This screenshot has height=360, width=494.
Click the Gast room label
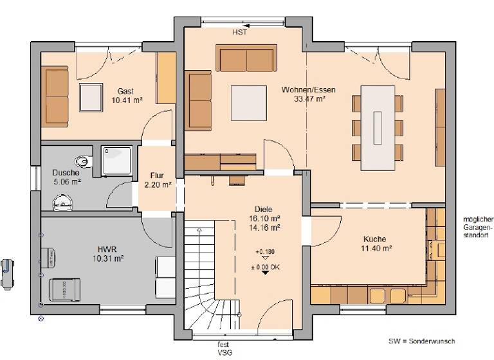coord(125,91)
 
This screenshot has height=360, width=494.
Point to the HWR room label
coord(107,248)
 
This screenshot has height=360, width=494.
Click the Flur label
coord(157,175)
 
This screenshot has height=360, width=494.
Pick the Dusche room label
coord(66,173)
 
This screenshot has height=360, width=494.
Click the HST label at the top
coord(240,32)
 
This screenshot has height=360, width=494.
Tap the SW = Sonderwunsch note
coord(421,341)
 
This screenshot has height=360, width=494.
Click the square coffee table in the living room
coord(248,103)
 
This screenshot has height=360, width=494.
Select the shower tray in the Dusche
coord(117,159)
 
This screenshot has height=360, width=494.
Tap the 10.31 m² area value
coord(107,258)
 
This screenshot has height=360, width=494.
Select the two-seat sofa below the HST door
coord(247,59)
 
